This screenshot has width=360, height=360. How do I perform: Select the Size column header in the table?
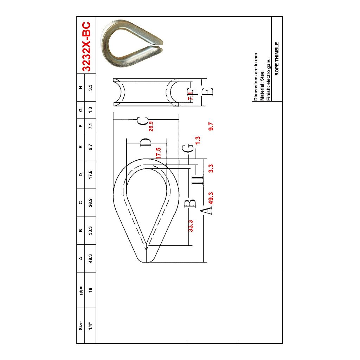81,326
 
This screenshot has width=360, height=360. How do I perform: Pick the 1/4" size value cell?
91,326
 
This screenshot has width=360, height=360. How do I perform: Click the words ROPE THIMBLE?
277,59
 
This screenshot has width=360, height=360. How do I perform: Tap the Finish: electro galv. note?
268,79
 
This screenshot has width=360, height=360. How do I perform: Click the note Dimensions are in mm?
256,77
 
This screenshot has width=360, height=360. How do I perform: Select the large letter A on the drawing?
207,210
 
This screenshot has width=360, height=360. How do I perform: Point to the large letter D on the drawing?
146,142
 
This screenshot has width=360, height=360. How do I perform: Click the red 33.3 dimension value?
191,226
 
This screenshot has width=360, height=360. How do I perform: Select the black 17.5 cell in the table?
91,174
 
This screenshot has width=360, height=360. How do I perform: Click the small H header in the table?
81,88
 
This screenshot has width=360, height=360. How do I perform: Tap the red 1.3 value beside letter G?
198,141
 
